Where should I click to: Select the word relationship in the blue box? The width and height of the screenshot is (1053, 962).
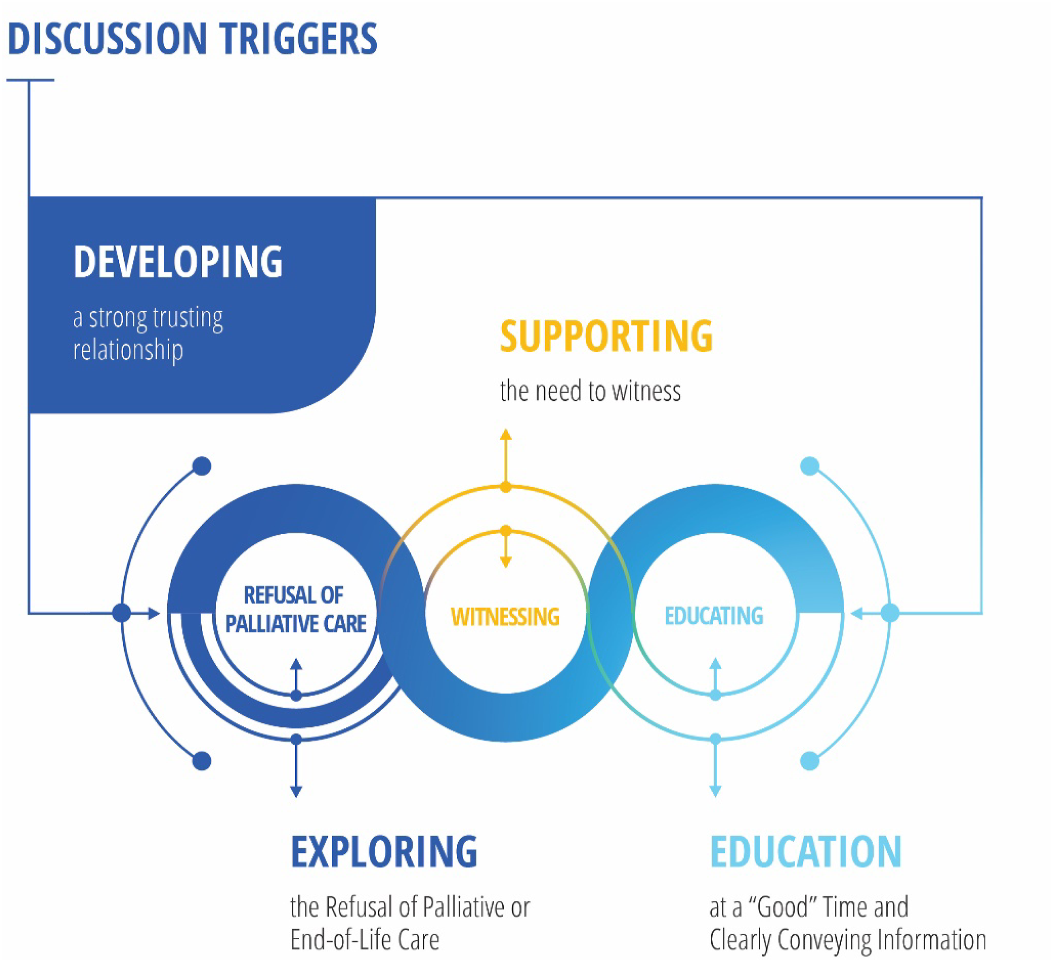pyautogui.click(x=128, y=349)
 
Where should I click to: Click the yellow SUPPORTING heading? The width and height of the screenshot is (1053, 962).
pyautogui.click(x=606, y=336)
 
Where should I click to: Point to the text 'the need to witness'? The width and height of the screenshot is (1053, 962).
pyautogui.click(x=590, y=391)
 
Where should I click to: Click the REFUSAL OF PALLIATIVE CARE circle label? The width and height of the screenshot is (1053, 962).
pyautogui.click(x=295, y=609)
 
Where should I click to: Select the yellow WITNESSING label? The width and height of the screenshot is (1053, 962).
pyautogui.click(x=505, y=616)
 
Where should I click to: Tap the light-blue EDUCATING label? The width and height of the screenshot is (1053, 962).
pyautogui.click(x=714, y=616)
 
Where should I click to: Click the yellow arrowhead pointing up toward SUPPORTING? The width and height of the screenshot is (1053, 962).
pyautogui.click(x=505, y=434)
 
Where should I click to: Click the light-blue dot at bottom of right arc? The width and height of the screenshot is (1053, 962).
pyautogui.click(x=810, y=761)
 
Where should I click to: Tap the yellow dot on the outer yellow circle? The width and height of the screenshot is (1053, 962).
pyautogui.click(x=505, y=487)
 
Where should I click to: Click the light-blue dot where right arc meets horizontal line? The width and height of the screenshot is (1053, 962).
pyautogui.click(x=890, y=613)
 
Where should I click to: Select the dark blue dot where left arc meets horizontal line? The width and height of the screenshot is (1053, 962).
pyautogui.click(x=122, y=613)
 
